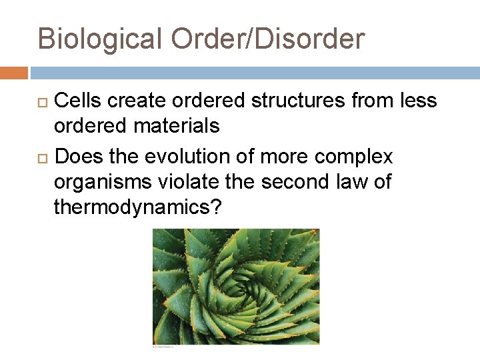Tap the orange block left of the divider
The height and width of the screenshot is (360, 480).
tap(14, 73)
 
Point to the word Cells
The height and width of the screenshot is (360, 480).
tap(78, 101)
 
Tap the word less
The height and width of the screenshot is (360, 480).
tap(417, 101)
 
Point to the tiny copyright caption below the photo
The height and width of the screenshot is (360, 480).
tap(163, 347)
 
